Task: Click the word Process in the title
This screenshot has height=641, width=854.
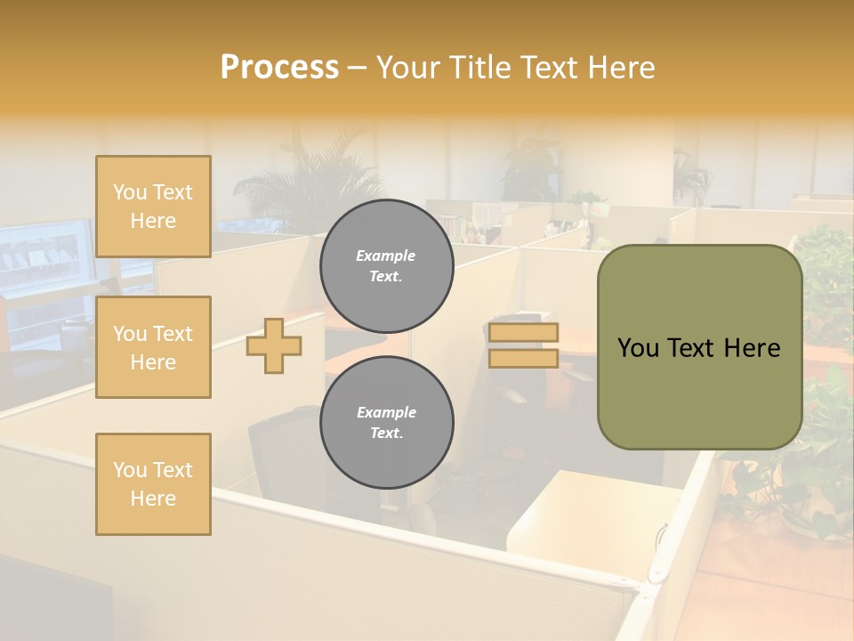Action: tap(279, 68)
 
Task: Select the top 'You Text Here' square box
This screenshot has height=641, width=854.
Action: tap(153, 207)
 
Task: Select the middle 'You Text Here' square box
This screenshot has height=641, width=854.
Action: tap(153, 347)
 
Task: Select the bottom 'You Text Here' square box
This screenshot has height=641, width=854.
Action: tap(153, 483)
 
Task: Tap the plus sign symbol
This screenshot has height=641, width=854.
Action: tap(274, 345)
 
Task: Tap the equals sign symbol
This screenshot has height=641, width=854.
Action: tap(523, 345)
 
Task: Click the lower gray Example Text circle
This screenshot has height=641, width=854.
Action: tap(387, 422)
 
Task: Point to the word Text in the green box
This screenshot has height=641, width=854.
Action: tap(699, 348)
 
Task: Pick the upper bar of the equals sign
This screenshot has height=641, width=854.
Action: tap(523, 333)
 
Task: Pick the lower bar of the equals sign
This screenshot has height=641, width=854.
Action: tap(523, 359)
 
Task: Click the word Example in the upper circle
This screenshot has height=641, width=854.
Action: tap(386, 256)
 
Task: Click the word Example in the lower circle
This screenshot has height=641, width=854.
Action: tap(386, 412)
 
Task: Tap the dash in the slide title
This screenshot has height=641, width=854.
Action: tap(357, 69)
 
